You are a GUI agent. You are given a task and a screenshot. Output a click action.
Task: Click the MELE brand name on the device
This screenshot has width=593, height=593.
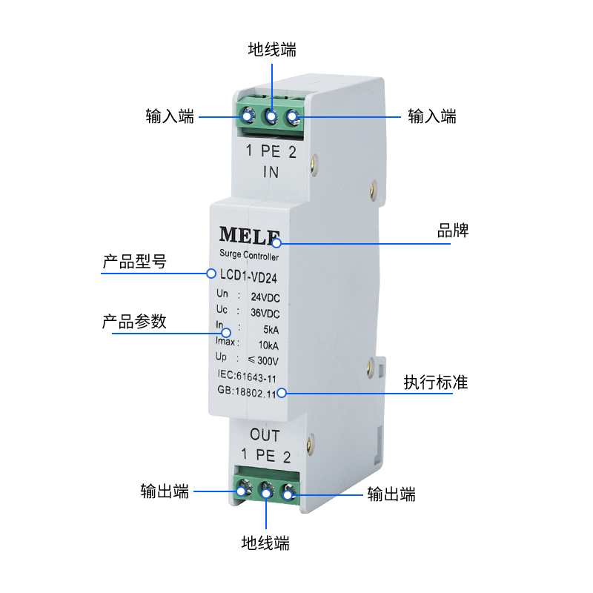250,235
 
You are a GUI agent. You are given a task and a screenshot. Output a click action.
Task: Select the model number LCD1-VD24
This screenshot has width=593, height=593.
248,276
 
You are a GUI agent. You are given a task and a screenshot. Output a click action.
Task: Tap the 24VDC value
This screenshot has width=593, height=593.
265,297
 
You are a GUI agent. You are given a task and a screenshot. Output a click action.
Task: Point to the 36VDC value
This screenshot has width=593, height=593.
265,312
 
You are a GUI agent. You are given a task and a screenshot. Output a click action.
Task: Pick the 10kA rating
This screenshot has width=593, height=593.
268,344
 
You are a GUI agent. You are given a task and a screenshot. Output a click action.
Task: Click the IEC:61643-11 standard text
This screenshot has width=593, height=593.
247,378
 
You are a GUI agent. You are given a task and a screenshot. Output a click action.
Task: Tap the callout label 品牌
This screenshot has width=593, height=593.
453,231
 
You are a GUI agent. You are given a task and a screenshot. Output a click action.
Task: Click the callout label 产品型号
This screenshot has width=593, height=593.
134,262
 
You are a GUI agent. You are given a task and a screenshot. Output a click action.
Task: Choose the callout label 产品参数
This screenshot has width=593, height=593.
134,322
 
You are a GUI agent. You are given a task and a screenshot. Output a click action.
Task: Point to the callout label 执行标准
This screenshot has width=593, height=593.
436,382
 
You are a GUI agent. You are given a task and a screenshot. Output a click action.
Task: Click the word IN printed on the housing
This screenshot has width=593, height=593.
271,173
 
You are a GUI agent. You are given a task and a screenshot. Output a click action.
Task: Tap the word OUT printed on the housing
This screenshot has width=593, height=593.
265,435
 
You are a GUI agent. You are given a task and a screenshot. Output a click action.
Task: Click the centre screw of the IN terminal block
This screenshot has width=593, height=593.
271,116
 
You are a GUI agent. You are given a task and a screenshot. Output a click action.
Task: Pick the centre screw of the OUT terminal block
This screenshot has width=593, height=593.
265,490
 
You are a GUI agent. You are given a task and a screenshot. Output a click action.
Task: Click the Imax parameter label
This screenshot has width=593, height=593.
226,342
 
